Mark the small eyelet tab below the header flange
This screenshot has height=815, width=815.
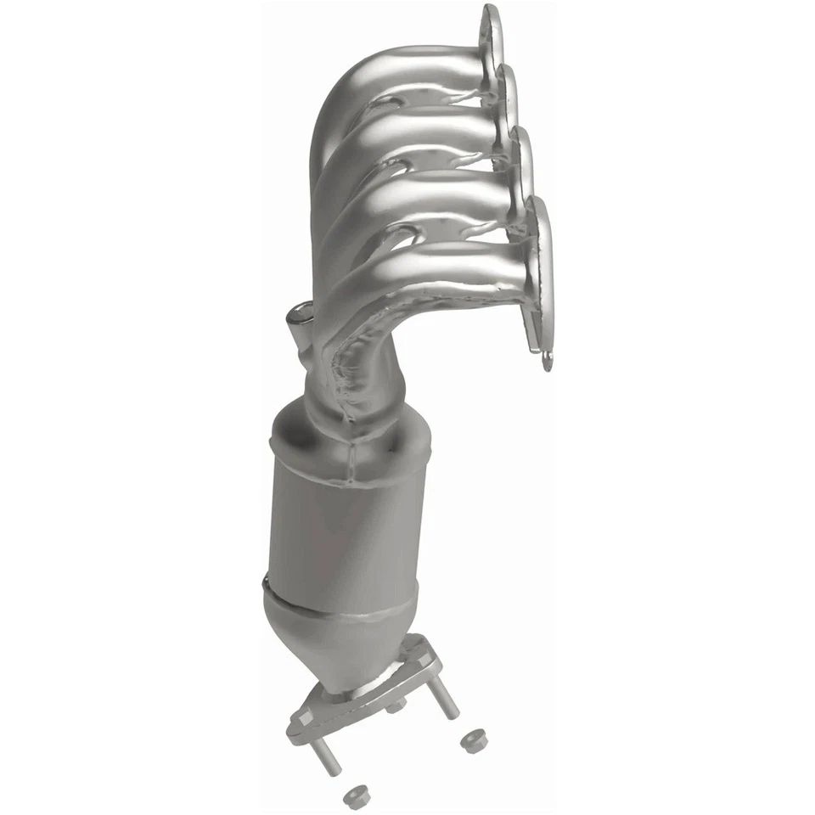548,361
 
